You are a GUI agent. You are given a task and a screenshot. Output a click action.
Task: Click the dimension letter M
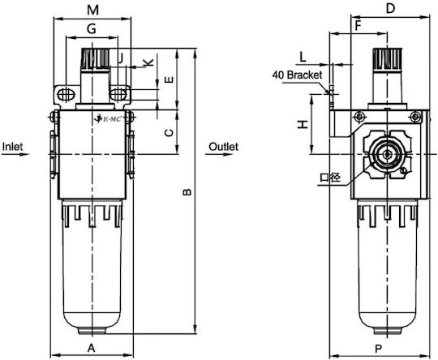coord(92,10)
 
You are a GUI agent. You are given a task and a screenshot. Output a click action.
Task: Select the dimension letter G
coord(92,28)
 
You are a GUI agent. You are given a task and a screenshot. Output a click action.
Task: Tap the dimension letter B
coord(187,192)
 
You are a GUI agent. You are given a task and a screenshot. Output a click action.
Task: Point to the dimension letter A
coord(92,349)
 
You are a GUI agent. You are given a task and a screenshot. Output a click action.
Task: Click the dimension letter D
coord(390,8)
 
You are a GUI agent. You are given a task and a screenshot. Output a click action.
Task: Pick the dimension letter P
coord(378,349)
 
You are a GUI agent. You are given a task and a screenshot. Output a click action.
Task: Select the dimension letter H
coord(303,124)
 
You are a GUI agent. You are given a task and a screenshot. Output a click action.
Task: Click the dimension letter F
coord(358,26)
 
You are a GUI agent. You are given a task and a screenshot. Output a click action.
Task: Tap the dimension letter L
coord(303,57)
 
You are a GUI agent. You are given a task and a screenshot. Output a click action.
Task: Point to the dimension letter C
coord(169,133)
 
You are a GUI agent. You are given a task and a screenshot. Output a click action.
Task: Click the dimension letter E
coord(169,80)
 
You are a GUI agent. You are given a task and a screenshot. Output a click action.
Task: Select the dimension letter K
coord(148,62)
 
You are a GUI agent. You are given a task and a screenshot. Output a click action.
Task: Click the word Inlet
coord(12,146)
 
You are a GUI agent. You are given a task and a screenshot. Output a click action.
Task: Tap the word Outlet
coord(224,146)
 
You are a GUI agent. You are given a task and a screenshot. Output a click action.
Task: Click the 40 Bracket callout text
coord(297,75)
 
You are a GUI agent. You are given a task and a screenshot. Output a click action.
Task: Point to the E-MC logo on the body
coord(108,119)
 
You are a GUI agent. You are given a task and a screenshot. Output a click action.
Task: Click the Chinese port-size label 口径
coord(330,178)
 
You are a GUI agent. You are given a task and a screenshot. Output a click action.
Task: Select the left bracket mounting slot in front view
coord(67,94)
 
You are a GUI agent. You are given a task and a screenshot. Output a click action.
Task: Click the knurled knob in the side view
coord(387,59)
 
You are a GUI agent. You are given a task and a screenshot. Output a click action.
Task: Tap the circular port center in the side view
coord(387,154)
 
